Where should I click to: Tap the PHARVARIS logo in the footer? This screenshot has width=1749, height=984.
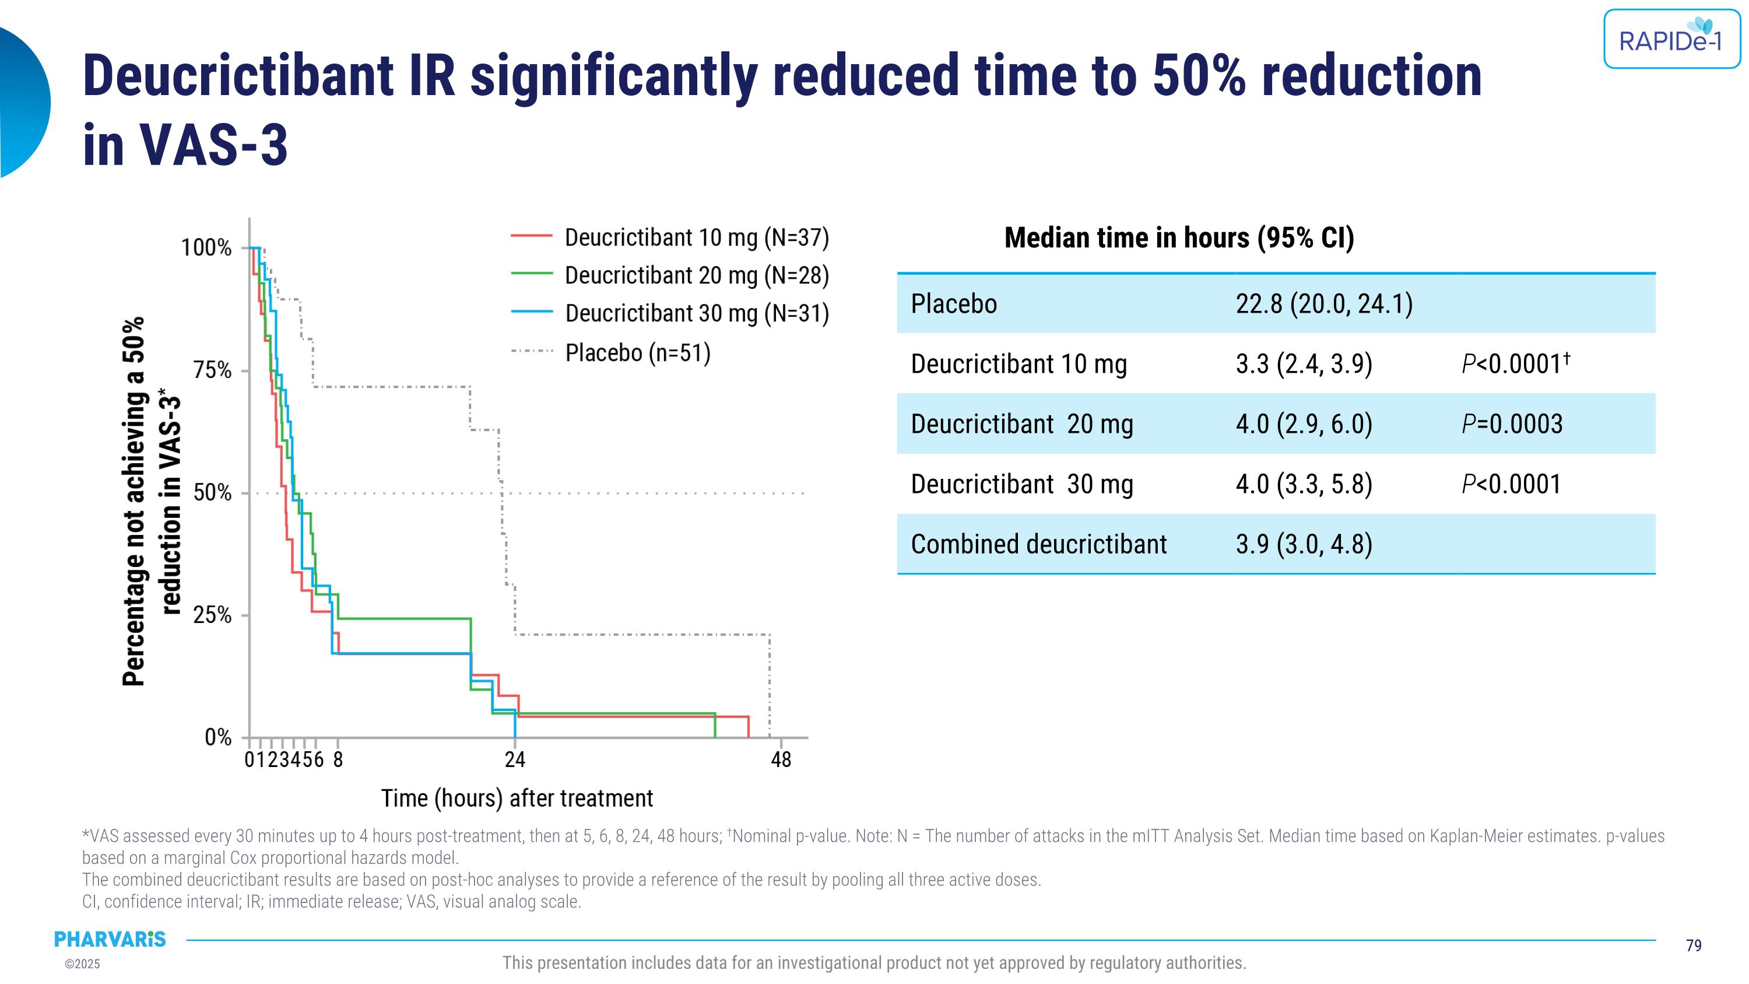coord(110,939)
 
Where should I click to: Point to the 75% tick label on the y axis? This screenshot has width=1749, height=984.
coord(213,371)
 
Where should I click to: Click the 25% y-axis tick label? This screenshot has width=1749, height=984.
coord(213,616)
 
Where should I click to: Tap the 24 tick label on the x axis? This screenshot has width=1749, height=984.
coord(515,760)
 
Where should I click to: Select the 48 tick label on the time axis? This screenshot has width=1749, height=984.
coord(781,760)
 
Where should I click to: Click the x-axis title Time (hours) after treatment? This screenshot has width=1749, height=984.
coord(517,799)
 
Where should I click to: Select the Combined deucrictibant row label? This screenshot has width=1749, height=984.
coord(1038,545)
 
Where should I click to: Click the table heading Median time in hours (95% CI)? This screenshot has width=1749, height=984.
coord(1179,237)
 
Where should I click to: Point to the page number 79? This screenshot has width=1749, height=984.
coord(1694,946)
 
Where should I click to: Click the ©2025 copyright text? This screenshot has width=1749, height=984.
coord(82,964)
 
